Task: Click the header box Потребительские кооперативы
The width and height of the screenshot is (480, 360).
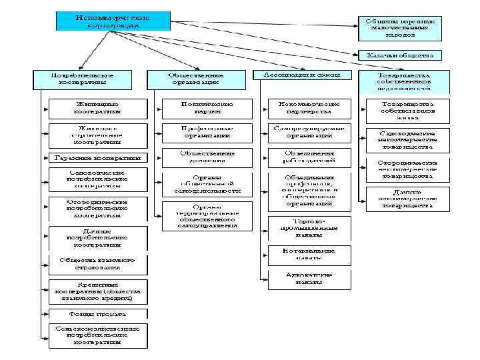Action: [x=83, y=80]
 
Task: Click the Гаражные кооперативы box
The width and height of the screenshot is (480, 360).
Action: [x=97, y=158]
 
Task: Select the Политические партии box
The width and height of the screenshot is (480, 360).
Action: [x=207, y=109]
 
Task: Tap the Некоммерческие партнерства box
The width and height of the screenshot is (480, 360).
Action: [x=309, y=109]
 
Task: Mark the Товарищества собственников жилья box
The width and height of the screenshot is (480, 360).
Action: [x=407, y=109]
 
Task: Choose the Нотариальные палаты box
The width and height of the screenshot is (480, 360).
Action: [x=309, y=254]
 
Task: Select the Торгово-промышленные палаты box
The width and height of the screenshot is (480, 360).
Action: [x=309, y=227]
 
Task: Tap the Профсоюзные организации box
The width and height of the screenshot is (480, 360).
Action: [x=207, y=131]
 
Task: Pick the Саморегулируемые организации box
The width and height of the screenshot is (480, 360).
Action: [x=309, y=131]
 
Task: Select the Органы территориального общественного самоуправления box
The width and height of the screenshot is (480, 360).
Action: [x=207, y=216]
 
